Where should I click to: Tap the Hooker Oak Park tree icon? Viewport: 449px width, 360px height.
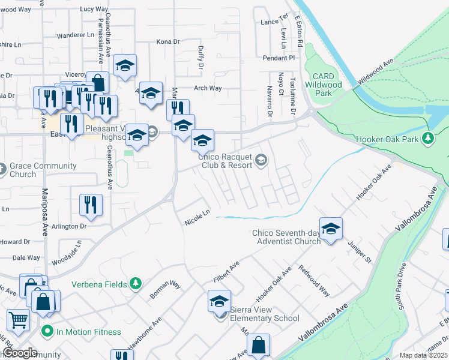coord(427,139)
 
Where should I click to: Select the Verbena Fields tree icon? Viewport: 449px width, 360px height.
coord(136,283)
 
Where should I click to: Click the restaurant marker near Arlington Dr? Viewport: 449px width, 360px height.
coord(91,205)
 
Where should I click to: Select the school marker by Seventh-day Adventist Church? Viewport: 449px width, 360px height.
coord(330,229)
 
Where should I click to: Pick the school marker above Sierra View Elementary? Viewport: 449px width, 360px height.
coord(220,301)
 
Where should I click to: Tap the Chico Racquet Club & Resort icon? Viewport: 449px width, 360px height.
coord(261,160)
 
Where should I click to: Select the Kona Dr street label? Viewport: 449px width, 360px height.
coord(168,41)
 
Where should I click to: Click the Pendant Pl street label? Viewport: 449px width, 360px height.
coord(279,58)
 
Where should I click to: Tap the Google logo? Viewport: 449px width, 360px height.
coord(20,353)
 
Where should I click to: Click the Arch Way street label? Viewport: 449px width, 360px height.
coord(208,88)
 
